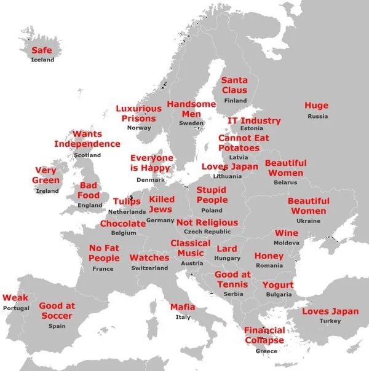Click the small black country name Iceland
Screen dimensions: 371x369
tap(42, 60)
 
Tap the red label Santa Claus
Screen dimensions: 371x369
tap(234, 85)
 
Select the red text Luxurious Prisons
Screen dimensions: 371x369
tap(139, 113)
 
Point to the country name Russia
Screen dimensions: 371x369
tap(317, 116)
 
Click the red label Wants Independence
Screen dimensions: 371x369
tap(87, 139)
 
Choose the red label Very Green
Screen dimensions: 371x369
tap(46, 175)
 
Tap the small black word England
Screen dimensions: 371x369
tap(90, 205)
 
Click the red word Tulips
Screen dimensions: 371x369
tap(127, 201)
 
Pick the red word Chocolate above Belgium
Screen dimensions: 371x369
tap(123, 224)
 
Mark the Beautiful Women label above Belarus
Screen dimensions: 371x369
tap(285, 168)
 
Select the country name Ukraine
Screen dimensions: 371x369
tap(308, 221)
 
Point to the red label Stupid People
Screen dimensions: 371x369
tap(212, 195)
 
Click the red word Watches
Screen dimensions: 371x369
tap(149, 258)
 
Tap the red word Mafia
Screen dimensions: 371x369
tap(183, 307)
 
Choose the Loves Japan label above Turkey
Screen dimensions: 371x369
tap(330, 311)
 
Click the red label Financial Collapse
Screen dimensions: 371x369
tap(264, 335)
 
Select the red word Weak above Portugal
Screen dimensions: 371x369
tap(15, 298)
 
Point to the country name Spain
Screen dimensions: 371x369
tap(57, 326)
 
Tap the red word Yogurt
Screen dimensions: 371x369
tap(278, 285)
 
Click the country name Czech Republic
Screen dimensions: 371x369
tap(207, 232)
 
